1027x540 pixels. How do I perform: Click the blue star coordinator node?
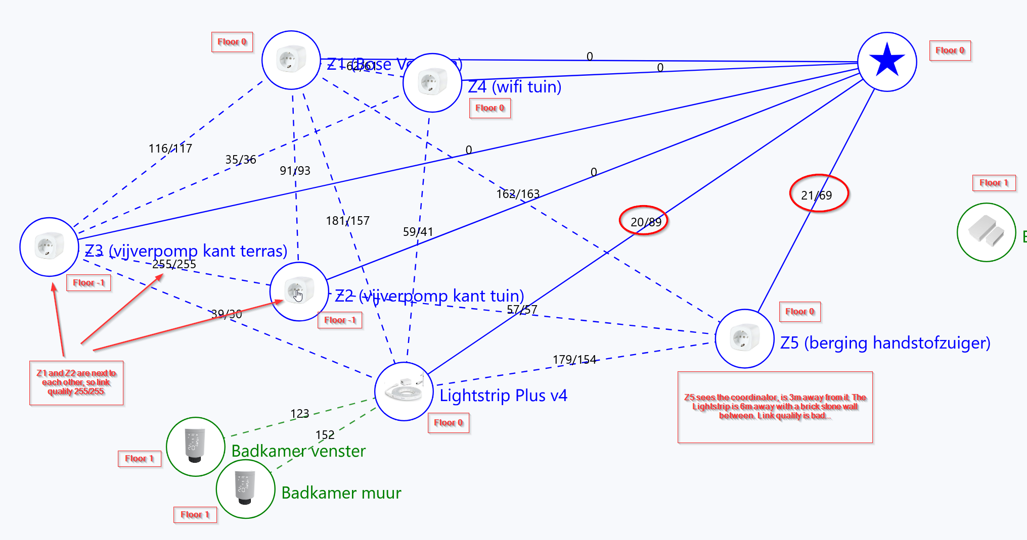pos(887,61)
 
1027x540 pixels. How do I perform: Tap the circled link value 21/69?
pos(817,195)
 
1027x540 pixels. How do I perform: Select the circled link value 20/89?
pos(646,222)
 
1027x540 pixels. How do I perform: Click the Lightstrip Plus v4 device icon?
pos(404,391)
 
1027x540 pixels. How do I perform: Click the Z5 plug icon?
pos(744,338)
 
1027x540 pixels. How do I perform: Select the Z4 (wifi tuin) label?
pos(515,87)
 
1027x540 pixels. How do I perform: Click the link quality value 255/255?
pos(174,264)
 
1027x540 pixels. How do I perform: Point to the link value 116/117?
pos(170,149)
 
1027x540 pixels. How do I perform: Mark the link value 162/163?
pos(518,194)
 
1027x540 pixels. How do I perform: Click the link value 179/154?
pos(574,360)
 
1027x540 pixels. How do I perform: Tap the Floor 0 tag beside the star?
pos(950,51)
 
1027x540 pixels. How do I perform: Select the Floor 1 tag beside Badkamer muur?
pos(195,515)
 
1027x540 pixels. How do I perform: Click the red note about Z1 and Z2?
pos(76,382)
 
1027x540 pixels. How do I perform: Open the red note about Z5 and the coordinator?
pos(775,407)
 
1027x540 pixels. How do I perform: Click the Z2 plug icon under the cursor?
pos(299,291)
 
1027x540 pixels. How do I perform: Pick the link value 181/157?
pos(347,221)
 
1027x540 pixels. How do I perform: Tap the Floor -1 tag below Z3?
pos(88,283)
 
